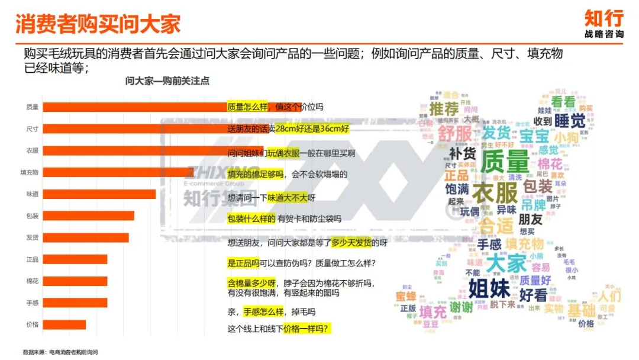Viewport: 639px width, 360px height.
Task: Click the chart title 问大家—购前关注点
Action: [x=167, y=81]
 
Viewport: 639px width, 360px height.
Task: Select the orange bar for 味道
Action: [x=99, y=194]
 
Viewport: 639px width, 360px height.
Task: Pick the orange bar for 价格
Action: [x=64, y=324]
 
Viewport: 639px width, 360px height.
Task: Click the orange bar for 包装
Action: [x=89, y=216]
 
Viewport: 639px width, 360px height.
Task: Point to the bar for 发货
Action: [x=86, y=237]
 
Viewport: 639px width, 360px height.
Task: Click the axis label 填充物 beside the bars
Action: [x=29, y=172]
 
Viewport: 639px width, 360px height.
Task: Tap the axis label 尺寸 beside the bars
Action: [x=32, y=129]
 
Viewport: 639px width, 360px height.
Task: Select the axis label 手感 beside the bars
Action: [x=32, y=303]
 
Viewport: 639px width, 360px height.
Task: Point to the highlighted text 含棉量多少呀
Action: [x=252, y=282]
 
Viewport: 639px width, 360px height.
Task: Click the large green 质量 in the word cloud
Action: [x=505, y=161]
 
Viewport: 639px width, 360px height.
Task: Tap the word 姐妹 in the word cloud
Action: [x=489, y=288]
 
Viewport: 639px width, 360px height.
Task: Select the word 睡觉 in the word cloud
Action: [x=570, y=121]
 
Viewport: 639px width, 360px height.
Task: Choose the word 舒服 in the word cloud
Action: [x=455, y=133]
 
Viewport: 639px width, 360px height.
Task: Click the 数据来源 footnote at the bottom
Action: [x=60, y=352]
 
